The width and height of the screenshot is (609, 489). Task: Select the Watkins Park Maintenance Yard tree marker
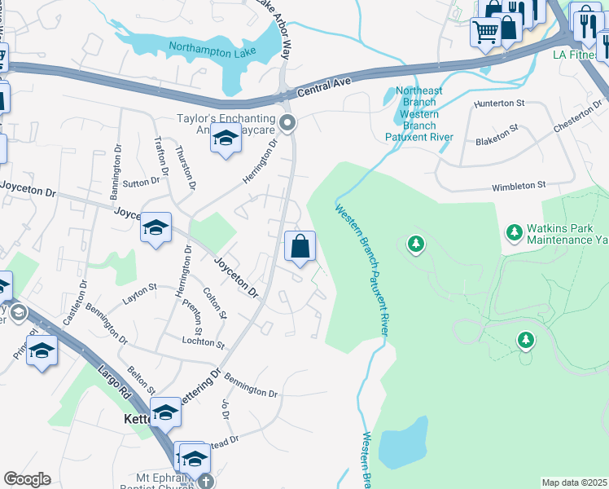514,233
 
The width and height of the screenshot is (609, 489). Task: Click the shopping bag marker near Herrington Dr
300,247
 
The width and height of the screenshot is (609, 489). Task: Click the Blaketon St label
497,134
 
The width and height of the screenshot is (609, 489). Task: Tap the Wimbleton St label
519,186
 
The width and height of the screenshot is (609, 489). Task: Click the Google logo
27,479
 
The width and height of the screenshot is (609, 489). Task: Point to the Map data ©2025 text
574,482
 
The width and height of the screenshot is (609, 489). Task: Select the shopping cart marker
485,33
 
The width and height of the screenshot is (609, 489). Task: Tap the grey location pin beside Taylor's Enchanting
287,123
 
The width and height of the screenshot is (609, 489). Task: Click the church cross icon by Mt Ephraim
206,482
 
